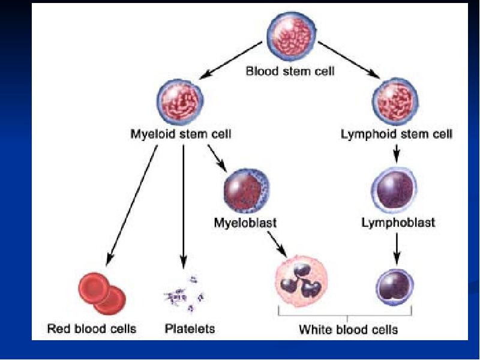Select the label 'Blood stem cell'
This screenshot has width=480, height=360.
[290, 71]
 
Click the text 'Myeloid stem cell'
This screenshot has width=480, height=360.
[181, 134]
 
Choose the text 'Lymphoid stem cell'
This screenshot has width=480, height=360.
[396, 134]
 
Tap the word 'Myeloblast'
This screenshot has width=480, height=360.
[245, 223]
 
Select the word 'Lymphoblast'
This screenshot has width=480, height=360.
[398, 223]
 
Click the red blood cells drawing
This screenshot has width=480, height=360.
[100, 292]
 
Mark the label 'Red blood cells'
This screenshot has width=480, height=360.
[92, 329]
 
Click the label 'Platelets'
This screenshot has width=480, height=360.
[190, 329]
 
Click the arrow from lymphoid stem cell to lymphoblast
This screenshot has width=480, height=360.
[396, 153]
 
